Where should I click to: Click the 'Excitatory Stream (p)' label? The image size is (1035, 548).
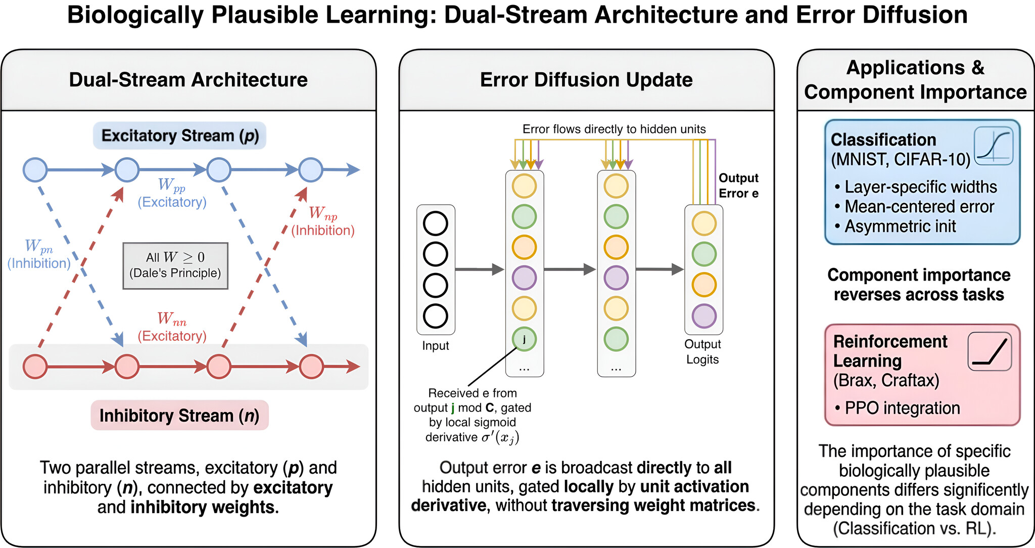179,135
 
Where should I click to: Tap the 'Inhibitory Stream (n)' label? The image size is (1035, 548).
179,416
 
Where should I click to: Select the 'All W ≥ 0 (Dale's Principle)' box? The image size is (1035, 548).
175,265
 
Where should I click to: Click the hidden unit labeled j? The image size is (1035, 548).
524,339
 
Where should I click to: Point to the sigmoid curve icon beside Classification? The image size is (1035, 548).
994,146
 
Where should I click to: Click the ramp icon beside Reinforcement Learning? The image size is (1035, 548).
990,351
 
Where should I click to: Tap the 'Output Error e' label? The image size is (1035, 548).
738,186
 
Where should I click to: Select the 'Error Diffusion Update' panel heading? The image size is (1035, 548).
586,80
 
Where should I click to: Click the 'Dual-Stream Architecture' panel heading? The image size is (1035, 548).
188,80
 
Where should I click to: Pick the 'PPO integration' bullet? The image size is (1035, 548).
897,408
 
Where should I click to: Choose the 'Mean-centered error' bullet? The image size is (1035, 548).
914,207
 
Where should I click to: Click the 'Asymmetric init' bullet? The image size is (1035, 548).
895,226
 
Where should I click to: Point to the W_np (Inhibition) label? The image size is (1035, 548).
323,221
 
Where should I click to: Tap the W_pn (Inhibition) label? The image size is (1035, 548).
39,254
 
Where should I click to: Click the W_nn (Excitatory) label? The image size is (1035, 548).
172,327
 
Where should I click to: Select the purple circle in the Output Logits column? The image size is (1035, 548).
704,316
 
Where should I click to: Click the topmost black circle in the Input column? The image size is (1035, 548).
435,223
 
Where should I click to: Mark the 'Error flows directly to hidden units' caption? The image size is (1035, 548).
614,129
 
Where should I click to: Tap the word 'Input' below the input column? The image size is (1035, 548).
436,346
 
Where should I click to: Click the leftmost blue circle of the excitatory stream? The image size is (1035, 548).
35,170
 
